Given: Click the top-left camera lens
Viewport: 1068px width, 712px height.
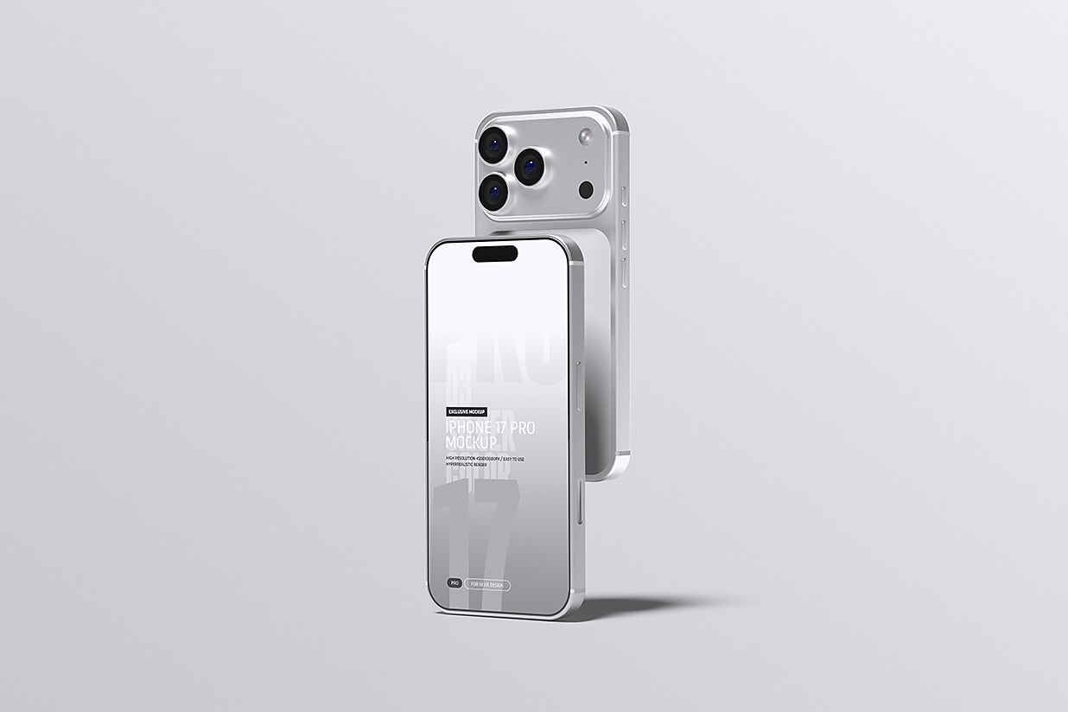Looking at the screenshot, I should [x=494, y=143].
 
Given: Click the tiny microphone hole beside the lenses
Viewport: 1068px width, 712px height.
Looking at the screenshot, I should [x=587, y=162].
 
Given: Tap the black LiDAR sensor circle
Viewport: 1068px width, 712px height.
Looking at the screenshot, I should [x=587, y=189].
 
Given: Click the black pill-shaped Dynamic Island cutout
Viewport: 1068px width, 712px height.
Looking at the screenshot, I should [x=495, y=253].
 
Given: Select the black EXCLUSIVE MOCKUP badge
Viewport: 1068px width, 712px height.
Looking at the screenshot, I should [x=467, y=411].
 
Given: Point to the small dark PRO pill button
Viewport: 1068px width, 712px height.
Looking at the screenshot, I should [x=455, y=584].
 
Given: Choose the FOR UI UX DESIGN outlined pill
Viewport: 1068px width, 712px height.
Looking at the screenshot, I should [x=488, y=585].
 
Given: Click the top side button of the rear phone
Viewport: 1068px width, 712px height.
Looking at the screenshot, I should [x=624, y=200].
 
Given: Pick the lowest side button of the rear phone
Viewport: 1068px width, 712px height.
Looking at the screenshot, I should [x=620, y=268].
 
